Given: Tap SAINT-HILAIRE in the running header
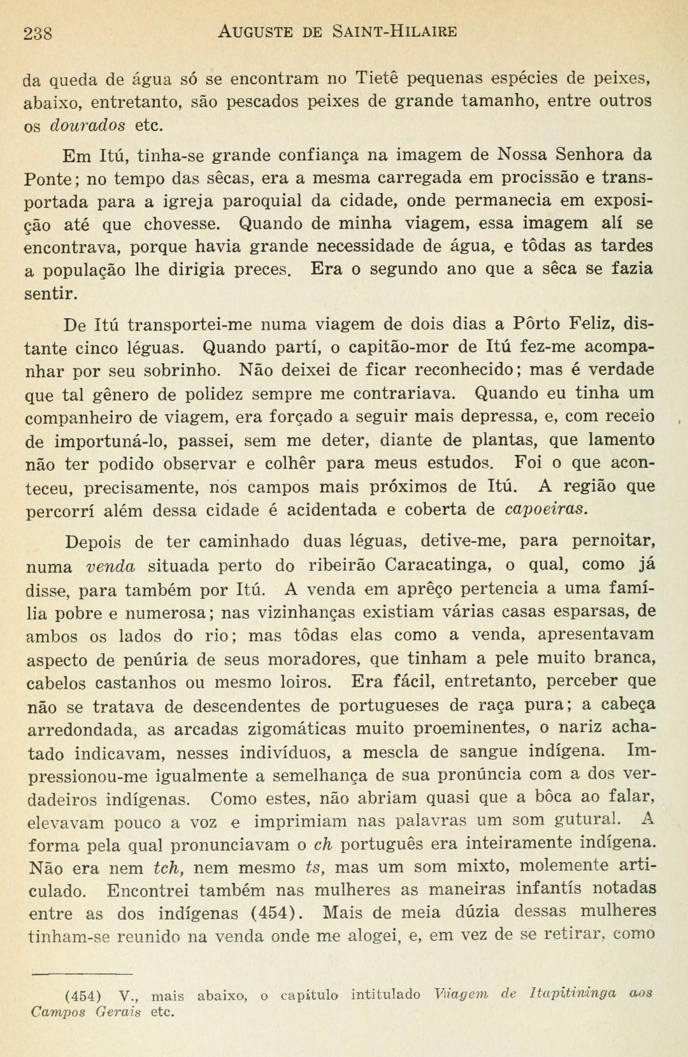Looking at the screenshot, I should [x=394, y=31].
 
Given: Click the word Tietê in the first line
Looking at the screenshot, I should [x=376, y=78].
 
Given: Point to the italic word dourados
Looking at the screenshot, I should [x=87, y=125].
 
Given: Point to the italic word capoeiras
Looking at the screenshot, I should [x=546, y=510].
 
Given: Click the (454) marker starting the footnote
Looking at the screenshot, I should [x=83, y=996].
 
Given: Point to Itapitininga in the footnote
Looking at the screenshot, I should [x=573, y=993].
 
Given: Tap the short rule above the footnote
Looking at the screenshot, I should [x=81, y=974].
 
